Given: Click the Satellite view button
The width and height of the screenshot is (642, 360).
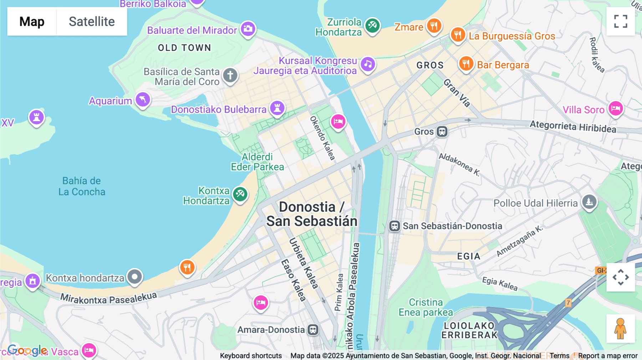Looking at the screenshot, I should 92,21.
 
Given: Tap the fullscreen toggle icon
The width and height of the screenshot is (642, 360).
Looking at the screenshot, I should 621,21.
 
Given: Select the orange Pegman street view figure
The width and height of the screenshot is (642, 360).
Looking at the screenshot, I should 621,328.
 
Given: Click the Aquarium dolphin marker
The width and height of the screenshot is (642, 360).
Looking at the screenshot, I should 143,100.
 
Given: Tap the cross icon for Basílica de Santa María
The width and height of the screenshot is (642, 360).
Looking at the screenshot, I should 230,76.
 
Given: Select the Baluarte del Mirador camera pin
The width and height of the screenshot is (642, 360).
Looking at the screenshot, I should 248,29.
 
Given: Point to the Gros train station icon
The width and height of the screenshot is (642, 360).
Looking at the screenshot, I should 442,132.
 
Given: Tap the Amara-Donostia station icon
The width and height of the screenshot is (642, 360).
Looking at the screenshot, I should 313,330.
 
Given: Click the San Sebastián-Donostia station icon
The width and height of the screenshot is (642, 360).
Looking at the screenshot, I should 394,226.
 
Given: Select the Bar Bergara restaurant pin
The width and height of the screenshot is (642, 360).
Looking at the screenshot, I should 466,64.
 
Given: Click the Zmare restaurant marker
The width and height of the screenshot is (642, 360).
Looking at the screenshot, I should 434,26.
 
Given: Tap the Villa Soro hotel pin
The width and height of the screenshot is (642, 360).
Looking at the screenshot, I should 616,108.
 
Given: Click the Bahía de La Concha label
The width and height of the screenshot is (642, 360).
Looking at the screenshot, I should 82,186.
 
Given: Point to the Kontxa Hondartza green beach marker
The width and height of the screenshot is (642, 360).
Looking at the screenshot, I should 240,194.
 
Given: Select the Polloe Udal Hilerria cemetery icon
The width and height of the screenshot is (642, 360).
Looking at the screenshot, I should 589,202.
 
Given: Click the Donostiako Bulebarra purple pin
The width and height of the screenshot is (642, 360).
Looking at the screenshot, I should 277,108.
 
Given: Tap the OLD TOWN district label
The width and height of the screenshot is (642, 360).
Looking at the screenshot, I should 184,48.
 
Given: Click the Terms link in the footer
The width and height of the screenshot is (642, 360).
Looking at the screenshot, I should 559,355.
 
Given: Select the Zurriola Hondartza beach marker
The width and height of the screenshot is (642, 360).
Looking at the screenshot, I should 372,25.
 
